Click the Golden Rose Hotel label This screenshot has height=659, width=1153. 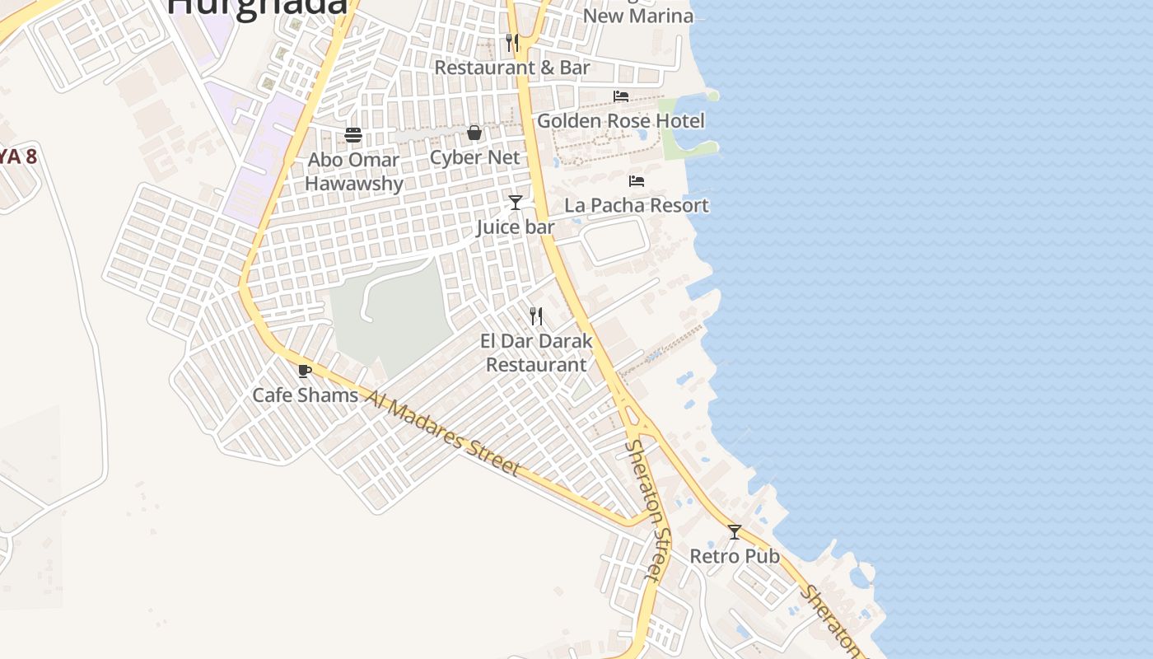[621, 121]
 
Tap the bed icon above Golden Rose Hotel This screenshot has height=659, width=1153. [621, 96]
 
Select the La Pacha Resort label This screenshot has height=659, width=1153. [637, 205]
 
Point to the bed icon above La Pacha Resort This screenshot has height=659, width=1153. [637, 180]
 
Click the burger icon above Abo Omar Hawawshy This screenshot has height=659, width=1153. [353, 134]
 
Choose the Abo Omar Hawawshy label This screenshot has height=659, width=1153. [354, 171]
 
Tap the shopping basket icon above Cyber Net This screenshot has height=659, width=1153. [474, 133]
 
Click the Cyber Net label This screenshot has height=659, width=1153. [475, 157]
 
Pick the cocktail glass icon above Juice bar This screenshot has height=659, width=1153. [516, 202]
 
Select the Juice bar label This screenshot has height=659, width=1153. [516, 227]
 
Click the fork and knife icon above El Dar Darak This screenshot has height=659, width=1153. [536, 315]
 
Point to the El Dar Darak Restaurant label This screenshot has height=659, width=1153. [536, 353]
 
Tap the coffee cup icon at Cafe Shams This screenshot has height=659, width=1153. [305, 371]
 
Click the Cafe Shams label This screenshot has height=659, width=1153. [305, 395]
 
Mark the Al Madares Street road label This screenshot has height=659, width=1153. [442, 433]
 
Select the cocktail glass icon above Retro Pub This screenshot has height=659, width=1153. [735, 531]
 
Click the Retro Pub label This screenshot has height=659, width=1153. [735, 556]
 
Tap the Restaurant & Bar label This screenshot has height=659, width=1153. [512, 68]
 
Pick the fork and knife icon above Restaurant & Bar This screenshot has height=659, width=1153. [512, 42]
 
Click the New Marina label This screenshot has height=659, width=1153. [638, 15]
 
